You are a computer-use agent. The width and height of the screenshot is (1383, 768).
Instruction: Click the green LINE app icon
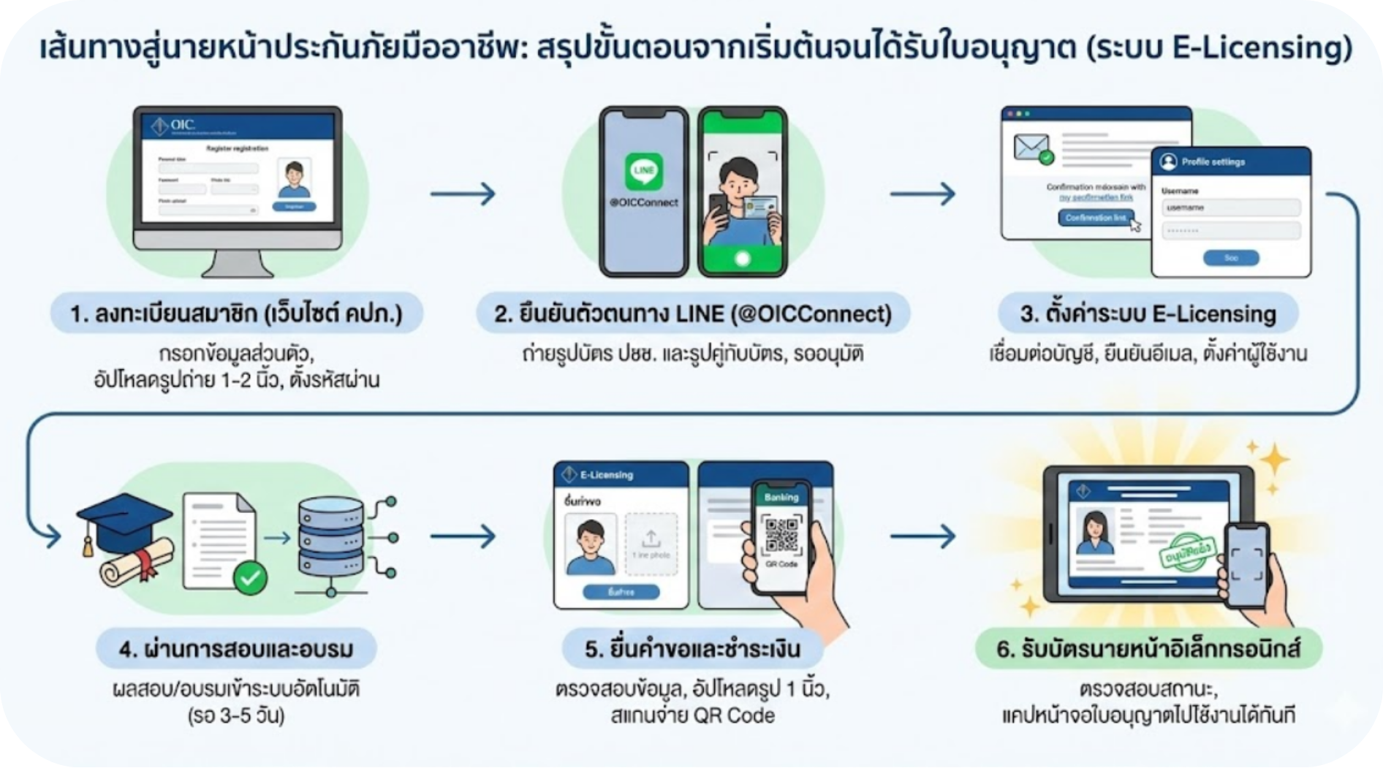643,172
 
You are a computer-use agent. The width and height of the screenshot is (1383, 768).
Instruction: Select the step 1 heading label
236,314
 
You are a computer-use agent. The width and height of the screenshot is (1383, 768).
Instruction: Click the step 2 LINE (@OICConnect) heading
693,314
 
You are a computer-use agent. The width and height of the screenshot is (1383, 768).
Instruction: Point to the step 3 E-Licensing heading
1148,314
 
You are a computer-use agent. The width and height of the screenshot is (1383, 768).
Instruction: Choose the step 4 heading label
236,649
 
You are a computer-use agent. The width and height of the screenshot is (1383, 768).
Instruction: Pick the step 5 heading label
692,649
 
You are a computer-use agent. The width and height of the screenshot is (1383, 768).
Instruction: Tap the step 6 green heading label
1148,649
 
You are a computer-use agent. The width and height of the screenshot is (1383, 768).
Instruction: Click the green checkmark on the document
250,578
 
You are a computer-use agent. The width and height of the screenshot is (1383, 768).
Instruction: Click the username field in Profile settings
1230,208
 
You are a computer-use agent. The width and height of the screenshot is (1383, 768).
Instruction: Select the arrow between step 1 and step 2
463,194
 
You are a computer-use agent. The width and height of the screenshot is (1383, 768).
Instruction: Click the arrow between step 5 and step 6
922,536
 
